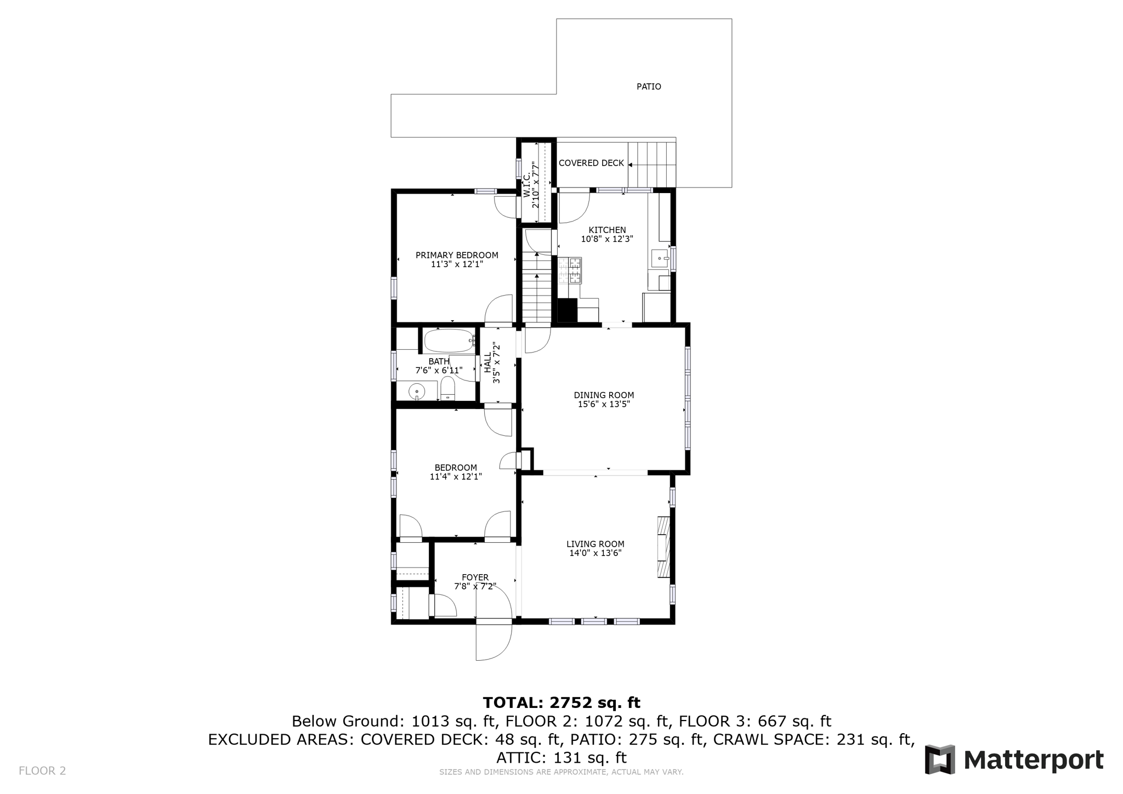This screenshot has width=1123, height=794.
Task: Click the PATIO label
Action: [648, 87]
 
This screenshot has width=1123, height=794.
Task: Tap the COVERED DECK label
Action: [591, 163]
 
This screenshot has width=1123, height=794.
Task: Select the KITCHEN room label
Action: [607, 230]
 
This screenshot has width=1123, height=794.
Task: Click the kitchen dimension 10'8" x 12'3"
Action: [607, 239]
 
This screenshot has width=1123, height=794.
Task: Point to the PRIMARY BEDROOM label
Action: [457, 255]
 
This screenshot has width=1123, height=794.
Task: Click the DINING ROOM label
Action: [604, 395]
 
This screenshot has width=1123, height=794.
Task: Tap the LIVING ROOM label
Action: [595, 544]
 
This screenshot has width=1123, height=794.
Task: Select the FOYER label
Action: [475, 577]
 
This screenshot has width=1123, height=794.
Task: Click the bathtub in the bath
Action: [449, 341]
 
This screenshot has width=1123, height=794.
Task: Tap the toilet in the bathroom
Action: [447, 388]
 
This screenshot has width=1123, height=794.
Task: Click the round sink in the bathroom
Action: [417, 392]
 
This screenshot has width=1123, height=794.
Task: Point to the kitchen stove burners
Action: [570, 270]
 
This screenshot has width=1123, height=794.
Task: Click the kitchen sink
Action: [659, 258]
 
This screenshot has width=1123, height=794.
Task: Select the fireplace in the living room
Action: [663, 547]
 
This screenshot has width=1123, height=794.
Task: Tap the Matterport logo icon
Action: [940, 759]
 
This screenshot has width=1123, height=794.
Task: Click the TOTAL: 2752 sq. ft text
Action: [561, 702]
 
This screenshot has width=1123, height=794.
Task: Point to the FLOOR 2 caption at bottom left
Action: [42, 770]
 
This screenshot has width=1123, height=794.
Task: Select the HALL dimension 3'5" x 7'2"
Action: [497, 362]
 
